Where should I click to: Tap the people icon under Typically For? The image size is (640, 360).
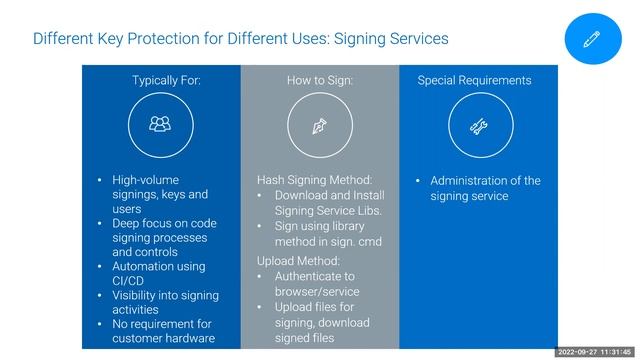point(160,125)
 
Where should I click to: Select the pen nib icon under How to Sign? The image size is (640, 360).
point(320,125)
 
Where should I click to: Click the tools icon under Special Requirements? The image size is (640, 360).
point(477,125)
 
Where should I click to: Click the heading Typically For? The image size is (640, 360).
point(166,80)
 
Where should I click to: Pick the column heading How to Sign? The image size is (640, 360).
point(320,80)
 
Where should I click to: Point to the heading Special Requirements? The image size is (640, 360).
point(474,80)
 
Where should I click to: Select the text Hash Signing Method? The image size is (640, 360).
point(314,180)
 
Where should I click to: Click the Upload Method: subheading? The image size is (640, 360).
point(299,261)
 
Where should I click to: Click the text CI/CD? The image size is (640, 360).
point(129,281)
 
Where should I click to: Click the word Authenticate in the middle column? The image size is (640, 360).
point(308,276)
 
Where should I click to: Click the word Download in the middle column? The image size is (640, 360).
point(303,195)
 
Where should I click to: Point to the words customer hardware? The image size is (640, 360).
point(163,338)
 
